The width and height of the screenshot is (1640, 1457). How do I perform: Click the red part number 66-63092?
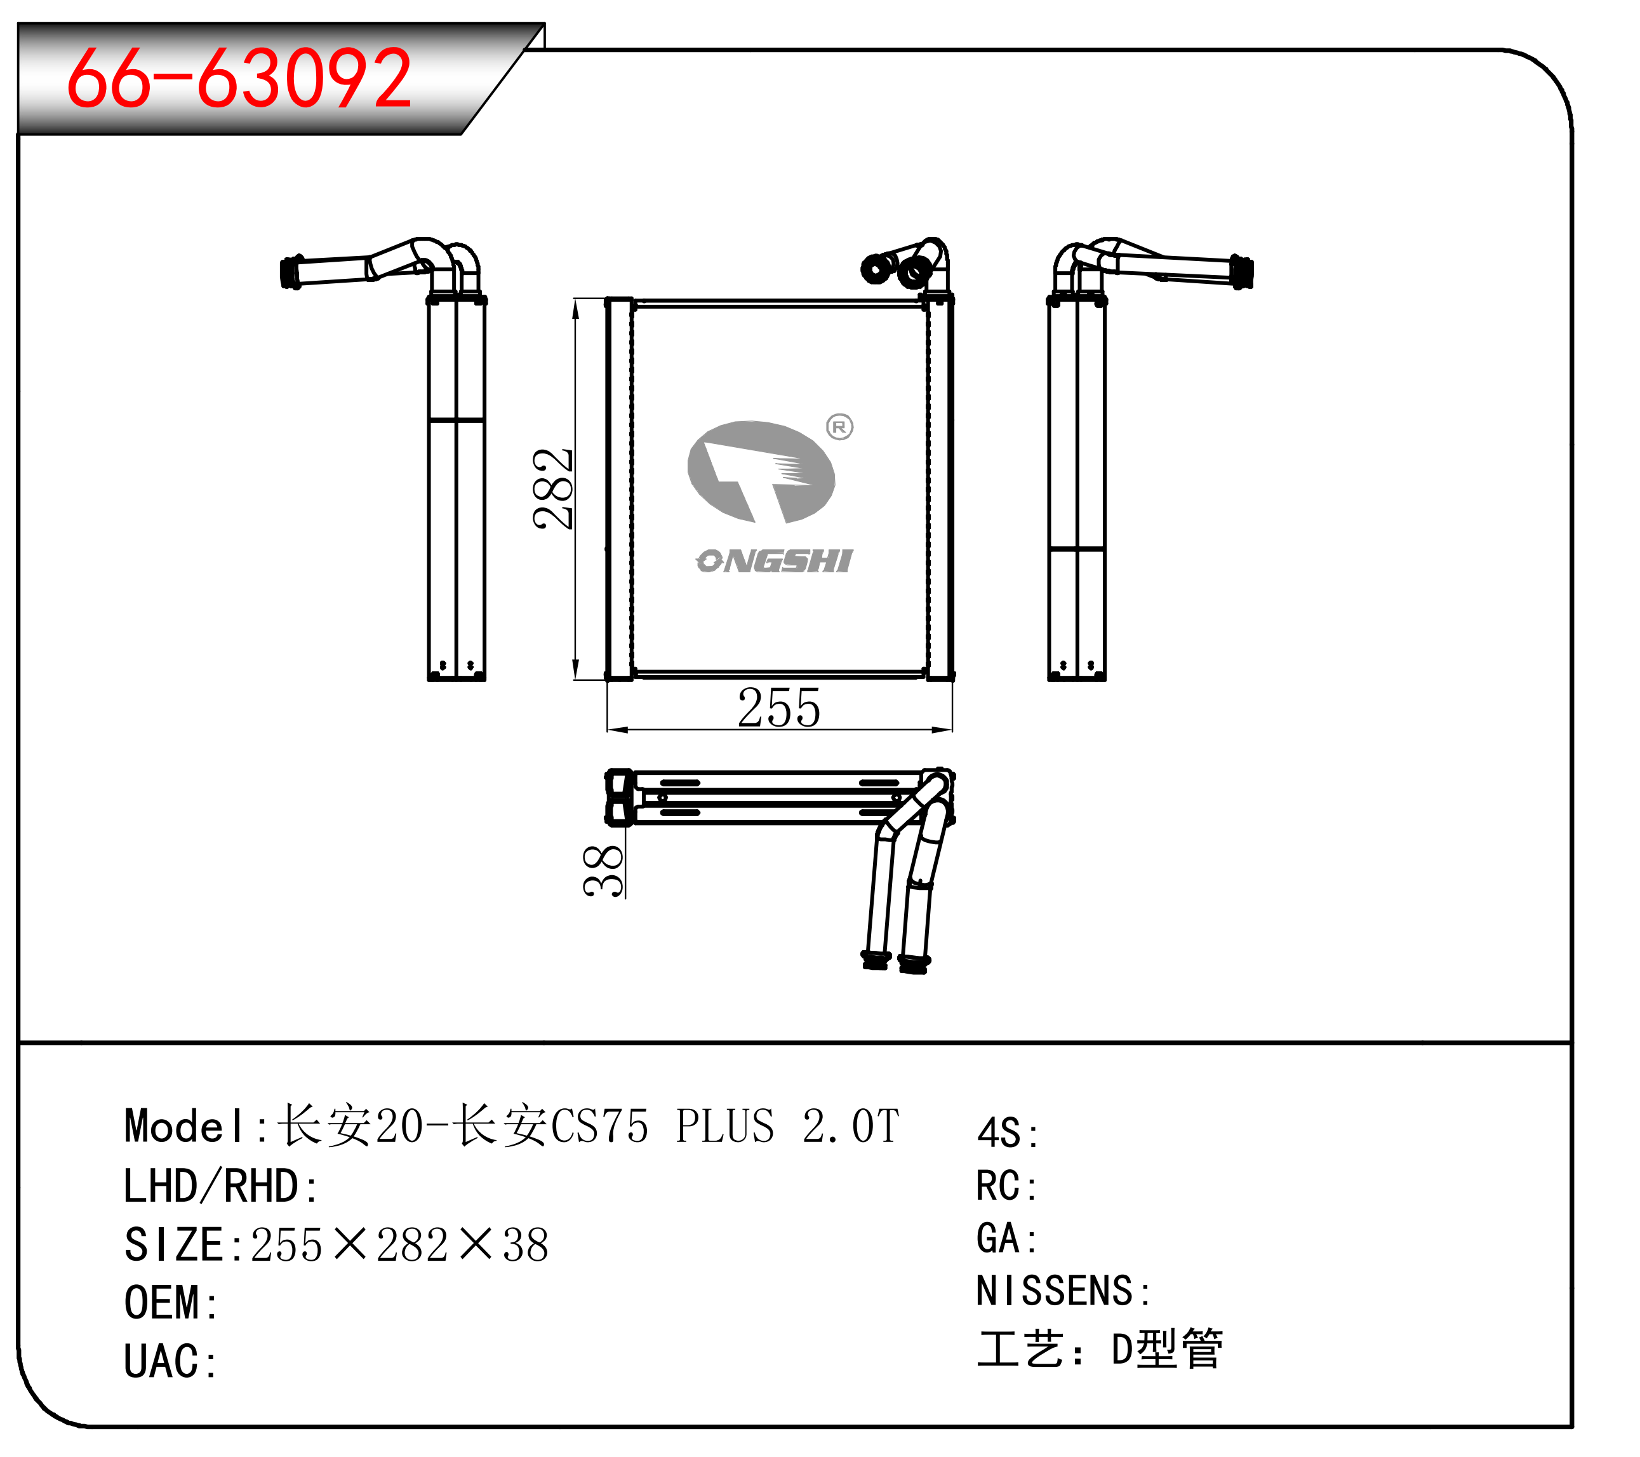pyautogui.click(x=239, y=79)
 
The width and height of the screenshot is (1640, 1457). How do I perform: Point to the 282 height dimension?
pyautogui.click(x=553, y=489)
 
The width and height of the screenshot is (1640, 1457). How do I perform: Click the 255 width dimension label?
pyautogui.click(x=778, y=709)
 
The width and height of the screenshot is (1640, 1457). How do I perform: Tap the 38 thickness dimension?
pyautogui.click(x=603, y=870)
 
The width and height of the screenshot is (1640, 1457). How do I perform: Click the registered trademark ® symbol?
pyautogui.click(x=839, y=426)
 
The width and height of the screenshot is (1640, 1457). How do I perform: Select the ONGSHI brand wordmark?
pyautogui.click(x=774, y=561)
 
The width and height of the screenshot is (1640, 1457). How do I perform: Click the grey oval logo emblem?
pyautogui.click(x=761, y=471)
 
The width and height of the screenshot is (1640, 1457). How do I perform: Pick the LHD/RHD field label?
pyautogui.click(x=211, y=1186)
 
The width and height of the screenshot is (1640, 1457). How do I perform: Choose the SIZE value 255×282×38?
pyautogui.click(x=399, y=1245)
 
